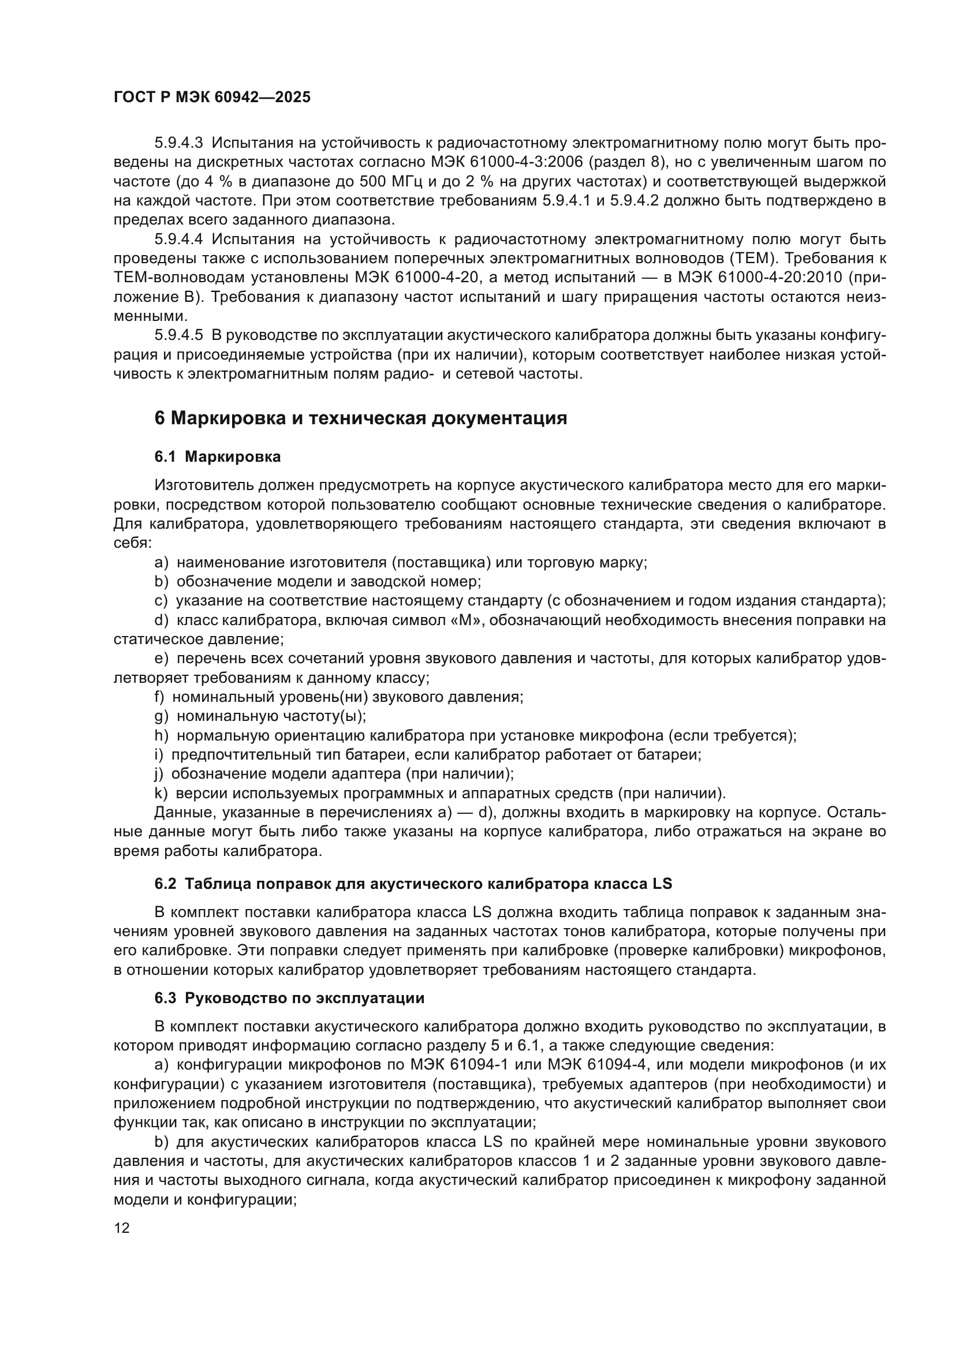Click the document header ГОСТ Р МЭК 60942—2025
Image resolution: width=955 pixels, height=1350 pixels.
click(x=212, y=97)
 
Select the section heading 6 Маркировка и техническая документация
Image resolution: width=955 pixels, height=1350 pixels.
click(x=360, y=418)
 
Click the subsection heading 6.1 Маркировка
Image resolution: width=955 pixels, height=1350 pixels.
click(x=218, y=457)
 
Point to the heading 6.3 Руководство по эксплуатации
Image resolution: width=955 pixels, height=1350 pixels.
click(x=289, y=998)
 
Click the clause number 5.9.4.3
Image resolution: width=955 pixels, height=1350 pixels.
click(x=179, y=143)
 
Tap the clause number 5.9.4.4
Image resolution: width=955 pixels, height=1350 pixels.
click(x=179, y=240)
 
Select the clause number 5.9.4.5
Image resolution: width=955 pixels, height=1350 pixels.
click(x=179, y=335)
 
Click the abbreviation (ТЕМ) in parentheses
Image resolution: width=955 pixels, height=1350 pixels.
click(x=754, y=258)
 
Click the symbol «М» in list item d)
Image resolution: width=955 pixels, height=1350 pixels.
click(x=467, y=620)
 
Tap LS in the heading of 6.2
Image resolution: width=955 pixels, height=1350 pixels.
click(x=663, y=884)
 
